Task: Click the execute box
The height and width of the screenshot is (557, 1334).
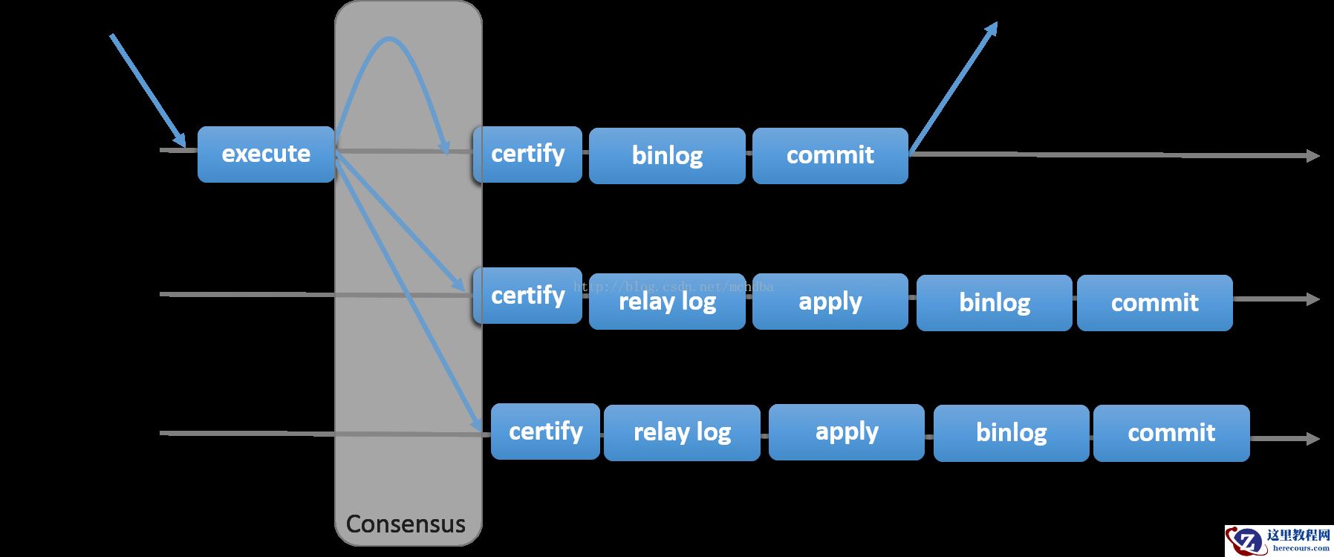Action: pyautogui.click(x=266, y=154)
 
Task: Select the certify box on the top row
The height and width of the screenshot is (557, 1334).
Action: pyautogui.click(x=527, y=154)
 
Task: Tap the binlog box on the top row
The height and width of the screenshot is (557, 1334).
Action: pyautogui.click(x=667, y=156)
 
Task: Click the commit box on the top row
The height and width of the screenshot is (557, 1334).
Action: pyautogui.click(x=830, y=156)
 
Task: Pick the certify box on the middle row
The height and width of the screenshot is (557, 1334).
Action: pyautogui.click(x=527, y=296)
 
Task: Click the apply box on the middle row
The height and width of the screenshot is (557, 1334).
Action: pyautogui.click(x=830, y=302)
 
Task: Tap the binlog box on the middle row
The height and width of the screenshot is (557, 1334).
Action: pyautogui.click(x=994, y=303)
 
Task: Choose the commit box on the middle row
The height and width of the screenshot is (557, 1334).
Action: pyautogui.click(x=1154, y=303)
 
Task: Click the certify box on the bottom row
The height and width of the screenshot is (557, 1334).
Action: pyautogui.click(x=545, y=431)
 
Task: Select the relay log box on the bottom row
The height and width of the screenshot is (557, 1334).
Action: pyautogui.click(x=682, y=433)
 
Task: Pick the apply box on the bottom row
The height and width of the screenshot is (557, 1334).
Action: pyautogui.click(x=846, y=432)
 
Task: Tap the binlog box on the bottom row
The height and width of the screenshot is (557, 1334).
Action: pyautogui.click(x=1011, y=433)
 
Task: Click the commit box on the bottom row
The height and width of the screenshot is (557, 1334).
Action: pyautogui.click(x=1171, y=433)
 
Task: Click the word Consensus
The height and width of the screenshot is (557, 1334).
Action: pyautogui.click(x=406, y=524)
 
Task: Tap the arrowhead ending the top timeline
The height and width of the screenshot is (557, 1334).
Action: pyautogui.click(x=1312, y=156)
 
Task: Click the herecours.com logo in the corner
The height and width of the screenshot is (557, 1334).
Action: pyautogui.click(x=1278, y=541)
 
